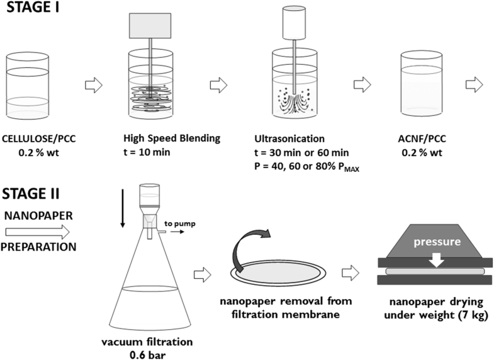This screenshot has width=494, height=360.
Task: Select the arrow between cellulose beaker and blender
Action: (x=93, y=86)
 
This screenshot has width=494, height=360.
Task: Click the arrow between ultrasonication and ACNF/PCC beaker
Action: (x=362, y=86)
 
